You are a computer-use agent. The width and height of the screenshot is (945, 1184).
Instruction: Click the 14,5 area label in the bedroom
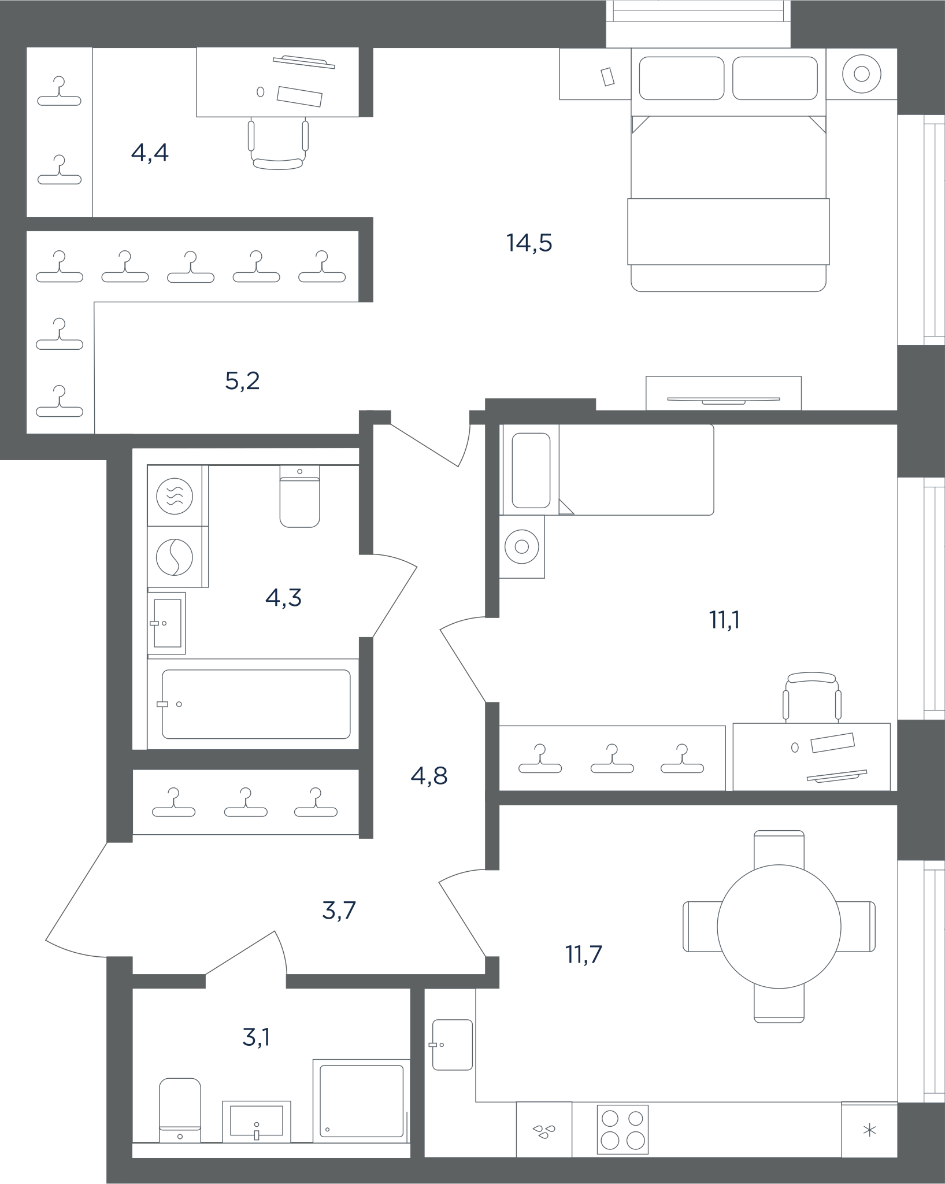coord(529,243)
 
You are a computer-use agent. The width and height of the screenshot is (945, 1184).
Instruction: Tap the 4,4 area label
coord(150,153)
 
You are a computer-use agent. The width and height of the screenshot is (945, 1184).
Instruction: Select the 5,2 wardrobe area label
coord(242,381)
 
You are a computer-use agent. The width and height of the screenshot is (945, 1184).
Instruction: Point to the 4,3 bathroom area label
coord(283,598)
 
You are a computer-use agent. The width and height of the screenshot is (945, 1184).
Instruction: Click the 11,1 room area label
coord(724,620)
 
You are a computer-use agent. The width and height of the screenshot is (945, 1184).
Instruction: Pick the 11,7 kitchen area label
coord(584,954)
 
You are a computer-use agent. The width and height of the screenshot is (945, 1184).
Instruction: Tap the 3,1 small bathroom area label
coord(256,1037)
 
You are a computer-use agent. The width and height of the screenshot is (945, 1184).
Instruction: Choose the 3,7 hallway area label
coord(339,911)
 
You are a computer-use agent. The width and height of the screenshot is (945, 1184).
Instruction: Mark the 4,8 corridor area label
coord(429,776)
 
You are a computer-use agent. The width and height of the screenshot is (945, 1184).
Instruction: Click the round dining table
coord(779,927)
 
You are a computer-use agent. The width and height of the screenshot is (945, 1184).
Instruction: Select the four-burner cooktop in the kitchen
coord(622,1130)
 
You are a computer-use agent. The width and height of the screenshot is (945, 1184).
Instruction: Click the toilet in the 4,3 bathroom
coord(299,497)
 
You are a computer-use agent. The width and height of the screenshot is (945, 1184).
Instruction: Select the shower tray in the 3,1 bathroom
coord(361,1101)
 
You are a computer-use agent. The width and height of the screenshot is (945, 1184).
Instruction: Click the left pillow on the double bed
coord(681,78)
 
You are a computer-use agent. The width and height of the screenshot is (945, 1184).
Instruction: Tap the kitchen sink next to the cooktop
coord(544,1130)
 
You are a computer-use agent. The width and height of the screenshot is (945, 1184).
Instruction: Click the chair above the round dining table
coord(779,849)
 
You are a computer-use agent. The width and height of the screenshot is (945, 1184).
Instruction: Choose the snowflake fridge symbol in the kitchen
coord(869,1130)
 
